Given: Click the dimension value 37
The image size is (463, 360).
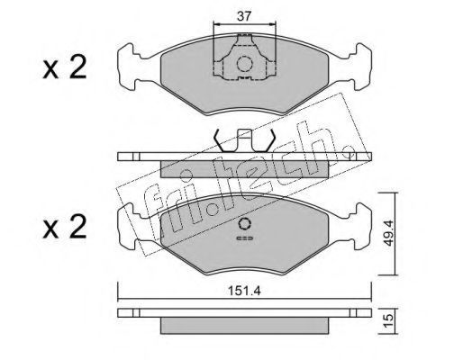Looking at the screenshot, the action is (x=243, y=16).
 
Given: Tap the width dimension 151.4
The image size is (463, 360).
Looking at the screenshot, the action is (x=244, y=291).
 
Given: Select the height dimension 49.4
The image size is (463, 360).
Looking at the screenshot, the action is (x=389, y=233).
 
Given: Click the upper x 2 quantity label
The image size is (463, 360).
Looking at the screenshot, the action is (x=65, y=67).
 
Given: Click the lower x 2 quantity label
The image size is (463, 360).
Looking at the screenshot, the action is (x=65, y=227).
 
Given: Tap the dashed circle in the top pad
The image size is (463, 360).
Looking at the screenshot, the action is (x=244, y=64).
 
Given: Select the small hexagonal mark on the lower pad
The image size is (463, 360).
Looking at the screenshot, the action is (x=245, y=224).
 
